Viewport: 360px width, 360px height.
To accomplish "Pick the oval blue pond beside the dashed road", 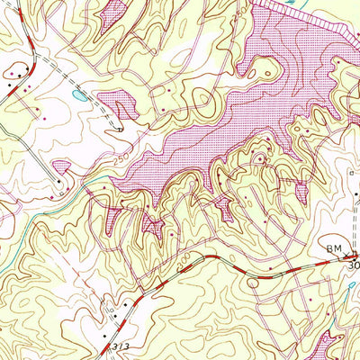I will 80,94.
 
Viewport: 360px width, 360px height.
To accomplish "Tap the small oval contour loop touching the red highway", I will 252,282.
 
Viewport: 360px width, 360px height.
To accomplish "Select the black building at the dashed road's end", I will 120,130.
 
